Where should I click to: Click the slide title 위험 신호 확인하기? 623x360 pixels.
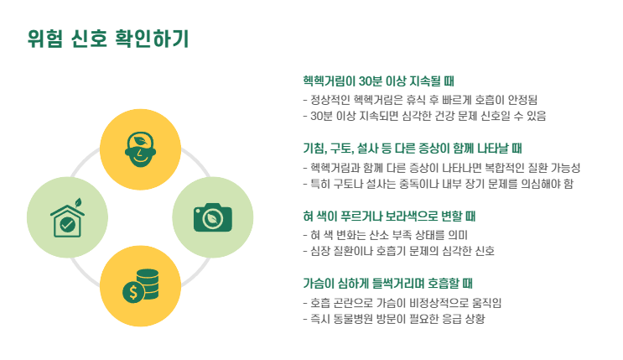[x=108, y=39]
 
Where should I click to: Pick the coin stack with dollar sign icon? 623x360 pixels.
[x=140, y=285]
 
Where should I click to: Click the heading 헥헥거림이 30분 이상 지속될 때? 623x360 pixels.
[x=379, y=81]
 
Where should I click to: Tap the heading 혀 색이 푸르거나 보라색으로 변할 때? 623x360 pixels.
[x=389, y=216]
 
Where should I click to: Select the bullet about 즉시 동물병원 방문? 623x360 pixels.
[x=394, y=319]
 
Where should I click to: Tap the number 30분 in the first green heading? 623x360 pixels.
[x=371, y=81]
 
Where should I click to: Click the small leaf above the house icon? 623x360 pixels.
[x=77, y=202]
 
